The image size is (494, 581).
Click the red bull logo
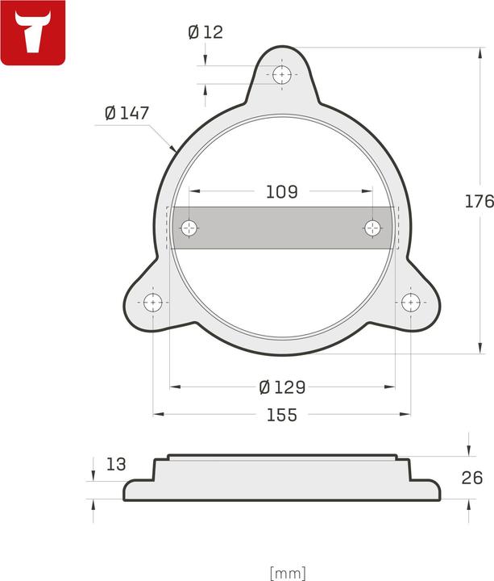(33, 33)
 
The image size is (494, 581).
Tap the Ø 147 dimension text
(127, 114)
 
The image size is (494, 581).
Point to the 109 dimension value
(281, 192)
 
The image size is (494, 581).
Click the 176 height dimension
(479, 202)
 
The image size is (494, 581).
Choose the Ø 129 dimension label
(282, 387)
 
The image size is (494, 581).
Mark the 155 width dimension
(281, 416)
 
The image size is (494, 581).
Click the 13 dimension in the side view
(116, 464)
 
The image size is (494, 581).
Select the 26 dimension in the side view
(472, 478)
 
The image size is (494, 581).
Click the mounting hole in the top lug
(281, 75)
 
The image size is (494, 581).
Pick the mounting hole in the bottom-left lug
(153, 303)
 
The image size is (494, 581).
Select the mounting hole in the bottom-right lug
(410, 303)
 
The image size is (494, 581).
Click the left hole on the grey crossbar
(189, 228)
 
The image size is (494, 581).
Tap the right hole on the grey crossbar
(372, 228)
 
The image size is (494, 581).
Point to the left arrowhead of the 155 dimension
(157, 415)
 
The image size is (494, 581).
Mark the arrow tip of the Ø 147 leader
(175, 150)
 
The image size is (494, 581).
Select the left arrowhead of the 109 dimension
(193, 192)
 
